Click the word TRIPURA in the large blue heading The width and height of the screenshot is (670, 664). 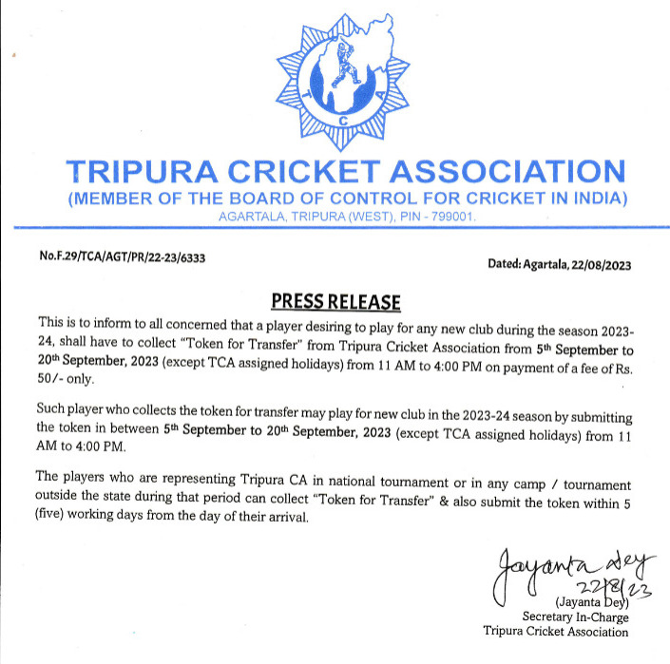(x=146, y=173)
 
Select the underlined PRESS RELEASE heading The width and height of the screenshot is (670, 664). (x=335, y=302)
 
